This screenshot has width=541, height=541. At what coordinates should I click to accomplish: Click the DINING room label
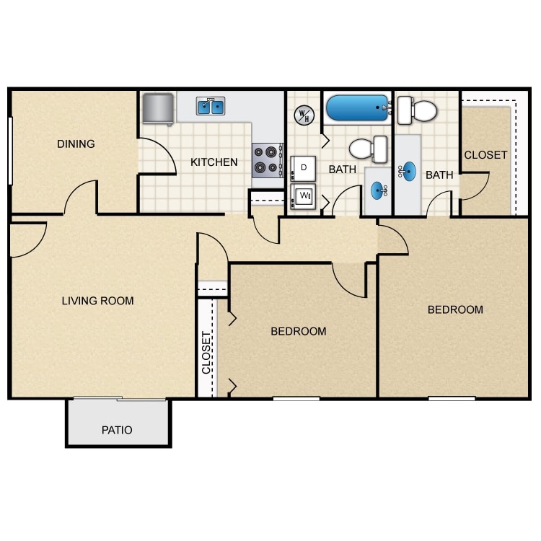tap(76, 144)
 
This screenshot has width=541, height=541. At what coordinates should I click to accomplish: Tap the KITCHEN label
tap(214, 162)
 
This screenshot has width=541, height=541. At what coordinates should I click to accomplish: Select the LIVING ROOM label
tap(97, 300)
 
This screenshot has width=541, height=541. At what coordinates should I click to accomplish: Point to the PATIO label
tap(117, 430)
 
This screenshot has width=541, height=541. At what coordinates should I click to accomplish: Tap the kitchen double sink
tap(211, 107)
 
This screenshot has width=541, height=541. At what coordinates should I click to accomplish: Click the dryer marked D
tap(304, 168)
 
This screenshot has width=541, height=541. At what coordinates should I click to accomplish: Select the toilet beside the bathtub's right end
tap(417, 110)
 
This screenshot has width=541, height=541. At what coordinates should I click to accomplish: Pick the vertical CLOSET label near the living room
tap(206, 351)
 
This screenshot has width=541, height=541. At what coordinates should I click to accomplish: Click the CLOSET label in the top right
tap(485, 155)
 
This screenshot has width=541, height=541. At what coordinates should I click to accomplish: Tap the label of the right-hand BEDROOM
tap(455, 309)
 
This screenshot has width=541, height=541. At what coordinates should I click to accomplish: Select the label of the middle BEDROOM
tap(298, 331)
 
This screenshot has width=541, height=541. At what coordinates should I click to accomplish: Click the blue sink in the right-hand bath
tap(409, 172)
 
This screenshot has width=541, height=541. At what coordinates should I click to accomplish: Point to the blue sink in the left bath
tap(378, 190)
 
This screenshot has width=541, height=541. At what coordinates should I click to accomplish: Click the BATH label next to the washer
tap(343, 170)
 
